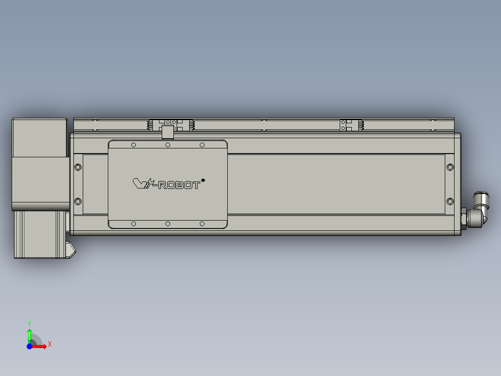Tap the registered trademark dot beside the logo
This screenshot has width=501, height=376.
coord(203,180)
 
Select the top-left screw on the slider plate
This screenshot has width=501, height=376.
coord(133,145)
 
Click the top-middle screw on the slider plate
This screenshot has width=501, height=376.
coord(168,145)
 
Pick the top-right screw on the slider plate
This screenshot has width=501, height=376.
coord(202,145)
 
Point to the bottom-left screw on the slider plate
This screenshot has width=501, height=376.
coord(133,224)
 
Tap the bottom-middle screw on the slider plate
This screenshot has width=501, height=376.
coord(168,224)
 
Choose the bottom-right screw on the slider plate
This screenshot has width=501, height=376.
coord(202,224)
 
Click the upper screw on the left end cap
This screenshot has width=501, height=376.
coord(78,167)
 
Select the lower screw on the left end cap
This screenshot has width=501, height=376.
coord(78,201)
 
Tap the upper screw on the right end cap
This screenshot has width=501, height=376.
coord(449,167)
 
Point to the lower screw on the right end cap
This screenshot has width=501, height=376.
coord(449,201)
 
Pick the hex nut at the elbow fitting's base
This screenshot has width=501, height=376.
coord(463,218)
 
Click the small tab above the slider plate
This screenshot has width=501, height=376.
coord(167,133)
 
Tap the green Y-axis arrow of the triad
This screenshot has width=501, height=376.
coord(29,334)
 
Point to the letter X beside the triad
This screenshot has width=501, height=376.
coord(50,344)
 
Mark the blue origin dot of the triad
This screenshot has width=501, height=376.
coord(29,346)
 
